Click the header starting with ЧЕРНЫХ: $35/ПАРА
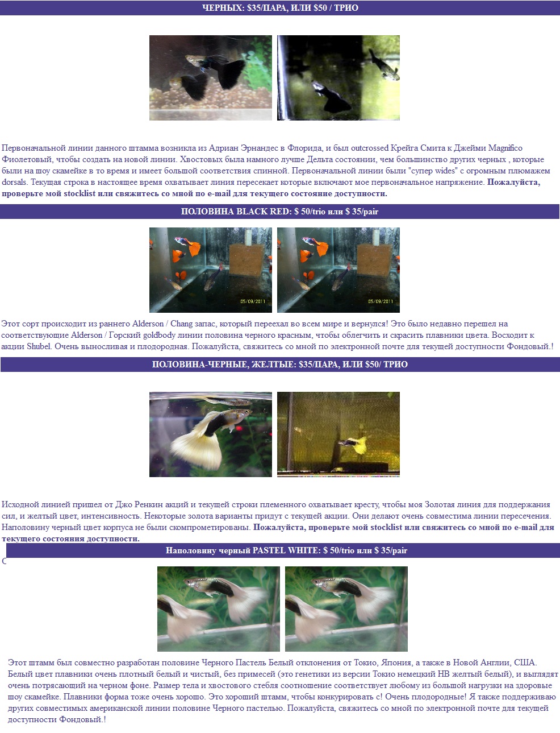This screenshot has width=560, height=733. pyautogui.click(x=280, y=8)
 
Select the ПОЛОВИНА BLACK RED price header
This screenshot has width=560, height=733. pyautogui.click(x=279, y=212)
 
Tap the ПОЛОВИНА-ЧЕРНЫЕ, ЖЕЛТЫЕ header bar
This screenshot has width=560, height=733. pyautogui.click(x=280, y=365)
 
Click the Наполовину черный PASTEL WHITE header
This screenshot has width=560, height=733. pyautogui.click(x=283, y=550)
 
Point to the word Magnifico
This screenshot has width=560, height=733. pyautogui.click(x=505, y=148)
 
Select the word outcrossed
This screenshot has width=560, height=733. pyautogui.click(x=370, y=148)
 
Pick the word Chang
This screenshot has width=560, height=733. pyautogui.click(x=181, y=324)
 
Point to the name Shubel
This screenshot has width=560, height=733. pyautogui.click(x=39, y=346)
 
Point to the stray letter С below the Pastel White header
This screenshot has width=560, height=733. pyautogui.click(x=4, y=561)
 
